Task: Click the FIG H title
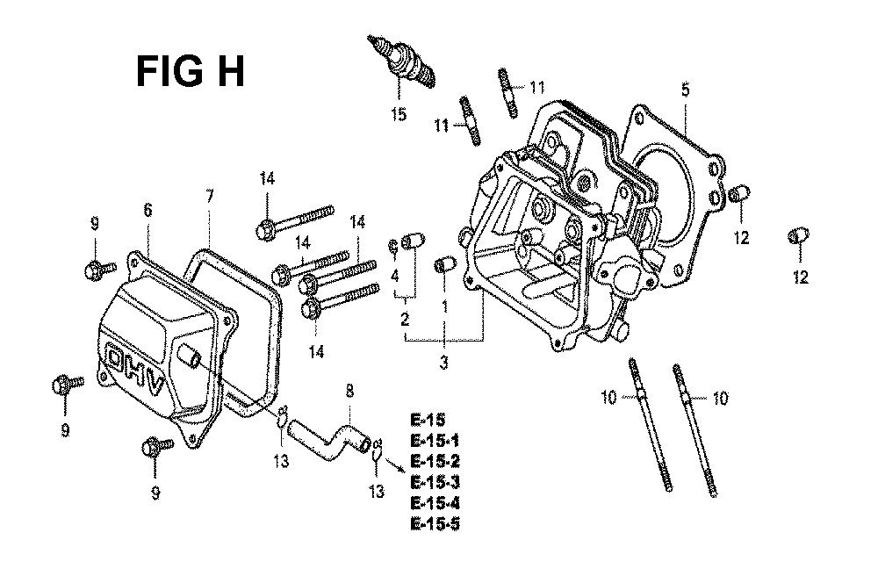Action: click(x=191, y=71)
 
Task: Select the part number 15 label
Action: click(x=399, y=114)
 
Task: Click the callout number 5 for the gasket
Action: click(x=685, y=89)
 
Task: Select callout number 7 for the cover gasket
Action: click(x=209, y=196)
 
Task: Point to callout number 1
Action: click(x=444, y=306)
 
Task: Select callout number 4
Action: click(x=395, y=276)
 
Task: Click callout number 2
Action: click(x=405, y=319)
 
